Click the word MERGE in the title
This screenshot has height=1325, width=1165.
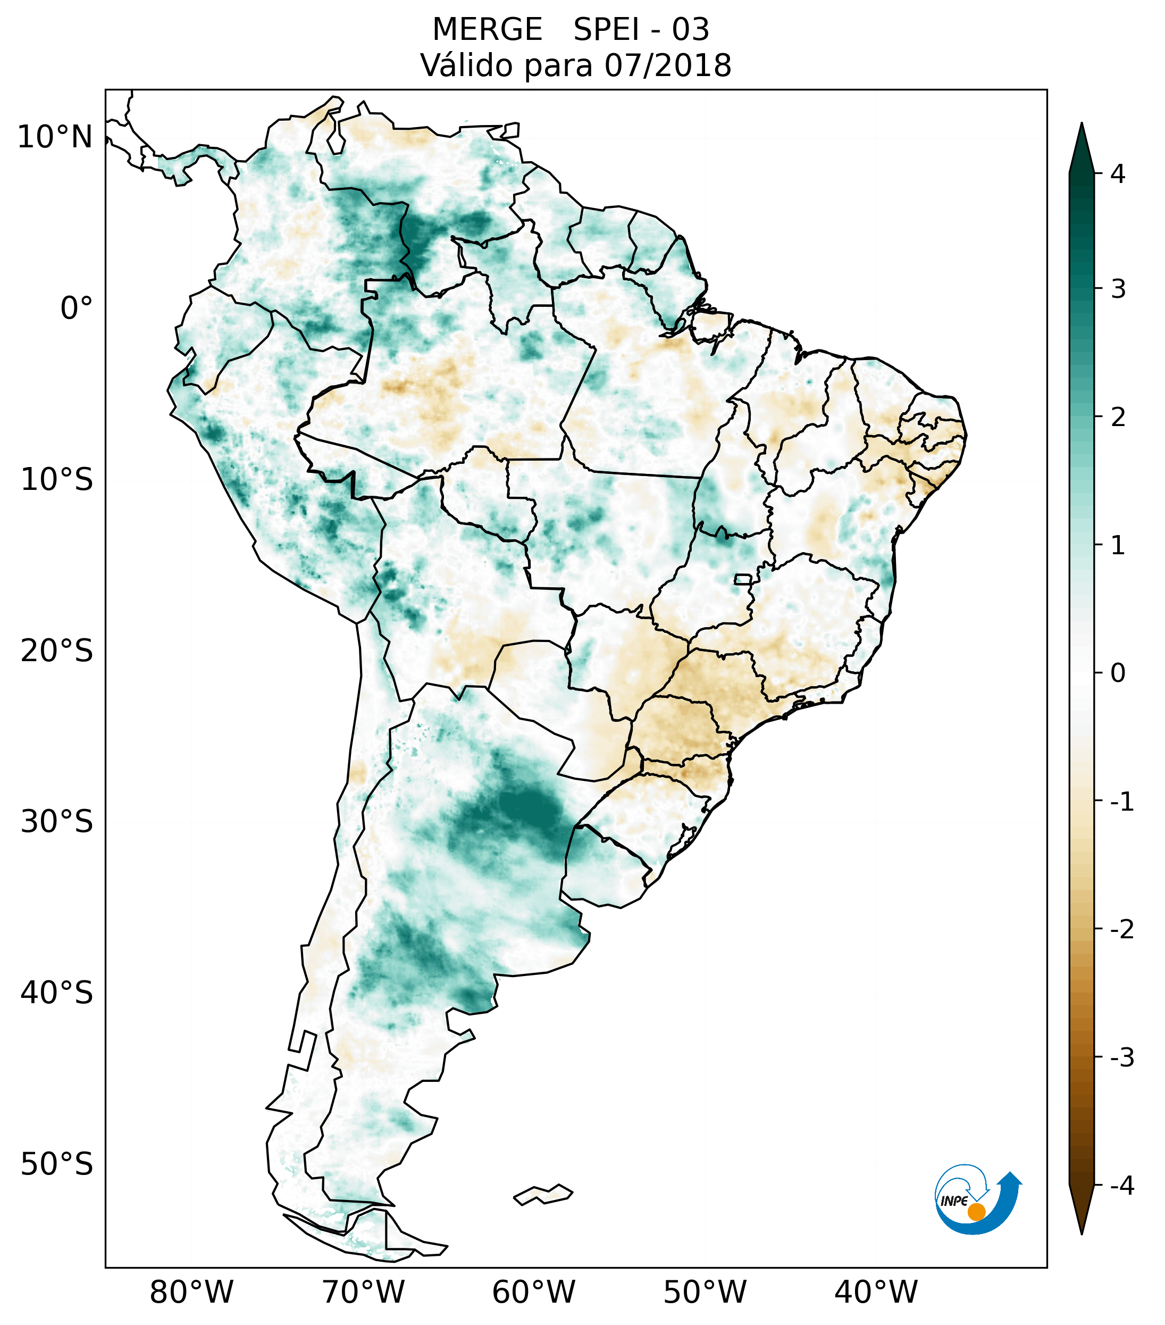[x=487, y=30]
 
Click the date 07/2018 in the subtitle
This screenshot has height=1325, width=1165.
[x=667, y=65]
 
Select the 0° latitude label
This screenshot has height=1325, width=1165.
[x=76, y=309]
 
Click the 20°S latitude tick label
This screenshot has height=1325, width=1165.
[x=57, y=651]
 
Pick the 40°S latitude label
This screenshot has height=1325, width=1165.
[x=57, y=993]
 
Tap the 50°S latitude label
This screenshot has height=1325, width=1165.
[x=57, y=1164]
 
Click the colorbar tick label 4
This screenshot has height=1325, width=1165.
[x=1118, y=174]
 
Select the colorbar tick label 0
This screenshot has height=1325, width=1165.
[x=1118, y=673]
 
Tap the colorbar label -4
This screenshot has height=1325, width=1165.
[x=1121, y=1186]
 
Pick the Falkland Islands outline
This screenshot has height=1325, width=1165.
[x=543, y=1194]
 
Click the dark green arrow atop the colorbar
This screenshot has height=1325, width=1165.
[x=1082, y=148]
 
